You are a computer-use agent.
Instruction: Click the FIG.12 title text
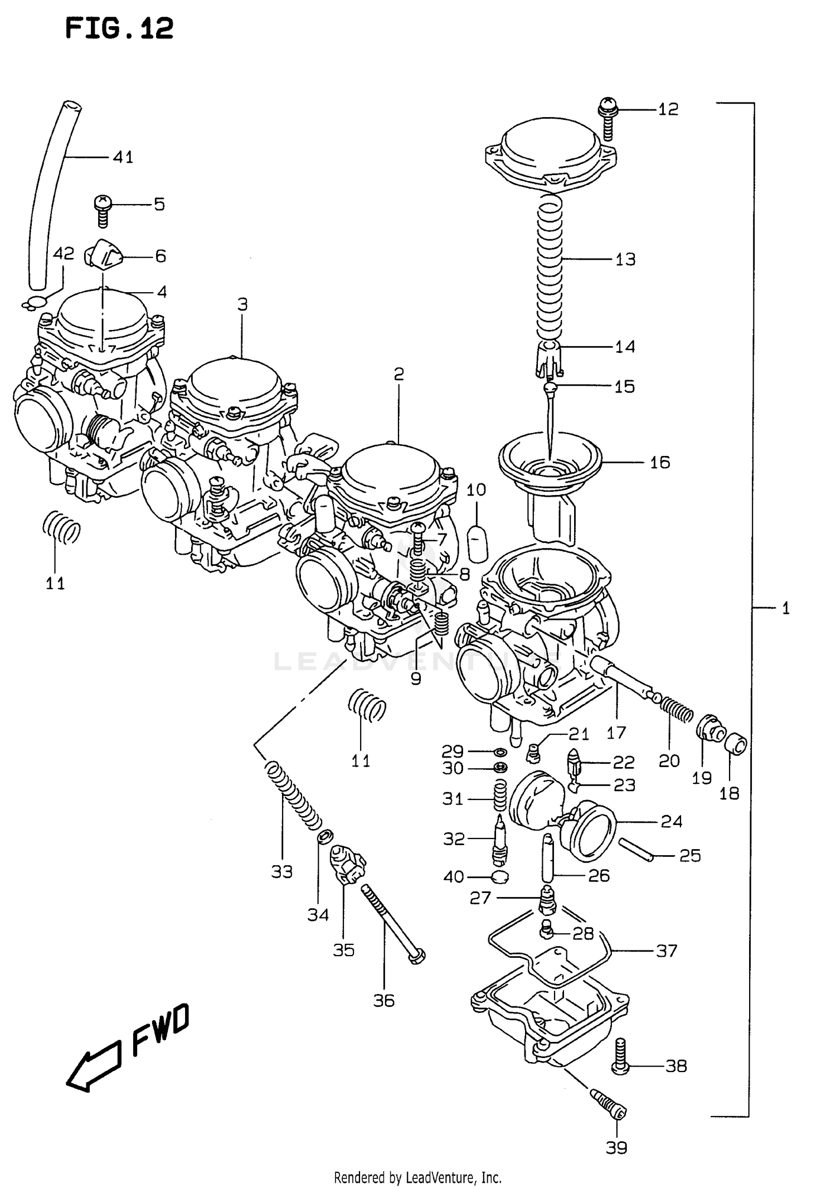tap(119, 28)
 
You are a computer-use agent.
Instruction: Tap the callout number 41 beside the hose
tap(123, 157)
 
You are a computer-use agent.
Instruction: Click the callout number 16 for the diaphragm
tap(660, 462)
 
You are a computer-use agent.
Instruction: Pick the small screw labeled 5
tap(102, 210)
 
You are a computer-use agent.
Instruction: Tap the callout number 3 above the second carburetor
tap(242, 304)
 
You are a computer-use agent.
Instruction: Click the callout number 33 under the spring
tap(282, 871)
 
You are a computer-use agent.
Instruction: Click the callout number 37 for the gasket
tap(667, 950)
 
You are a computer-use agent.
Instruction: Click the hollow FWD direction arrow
tap(94, 1066)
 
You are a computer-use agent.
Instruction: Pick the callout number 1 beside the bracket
tap(785, 608)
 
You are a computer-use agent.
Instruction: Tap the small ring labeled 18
tap(736, 744)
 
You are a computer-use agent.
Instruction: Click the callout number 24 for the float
tap(671, 821)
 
